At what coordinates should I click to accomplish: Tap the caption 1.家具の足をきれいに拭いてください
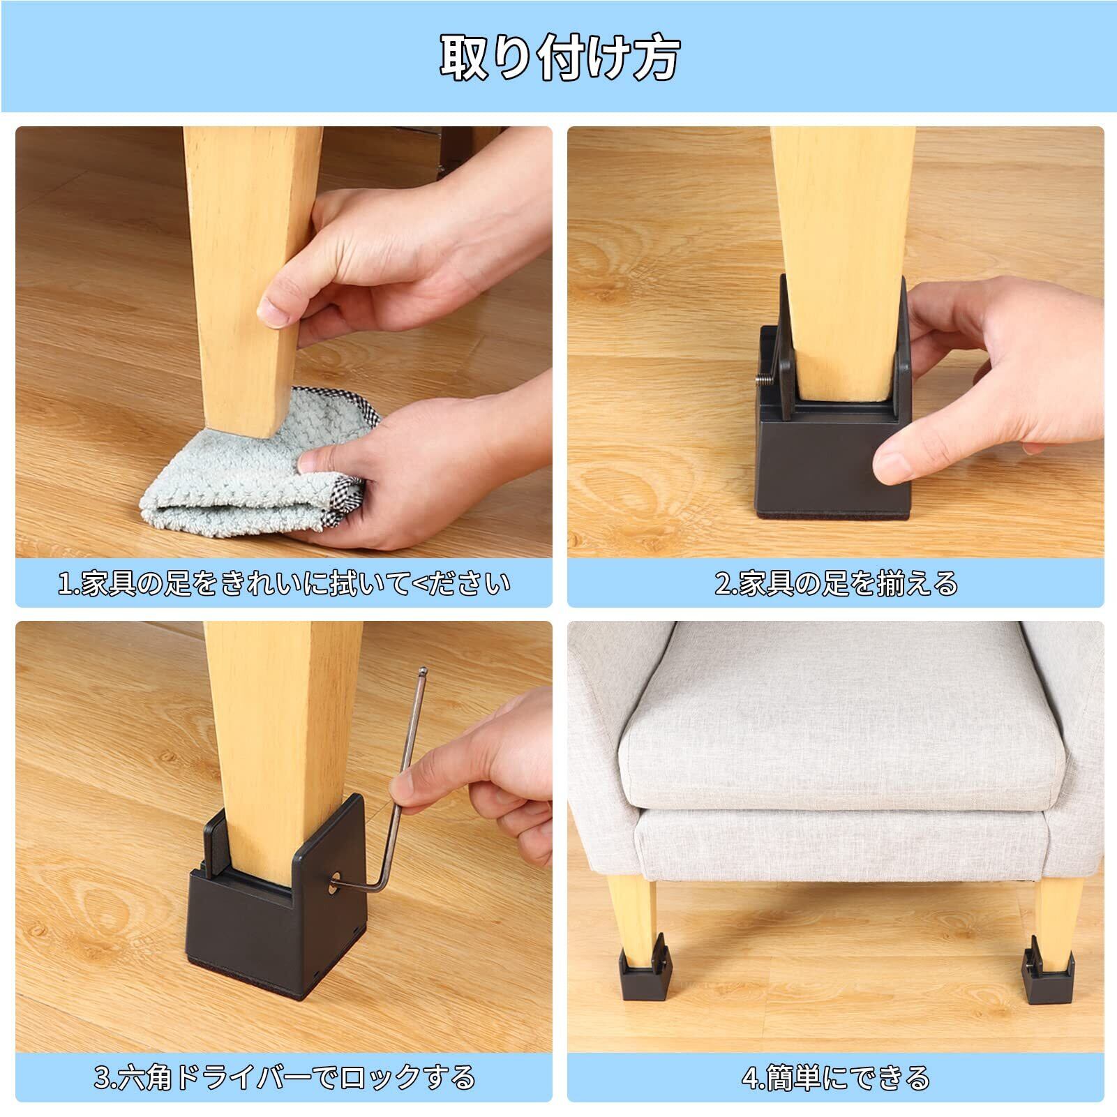click(x=284, y=583)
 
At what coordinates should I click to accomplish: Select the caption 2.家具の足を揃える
click(x=836, y=583)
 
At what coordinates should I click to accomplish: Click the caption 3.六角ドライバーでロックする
click(x=284, y=1078)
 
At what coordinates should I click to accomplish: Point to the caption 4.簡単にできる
click(x=836, y=1078)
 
